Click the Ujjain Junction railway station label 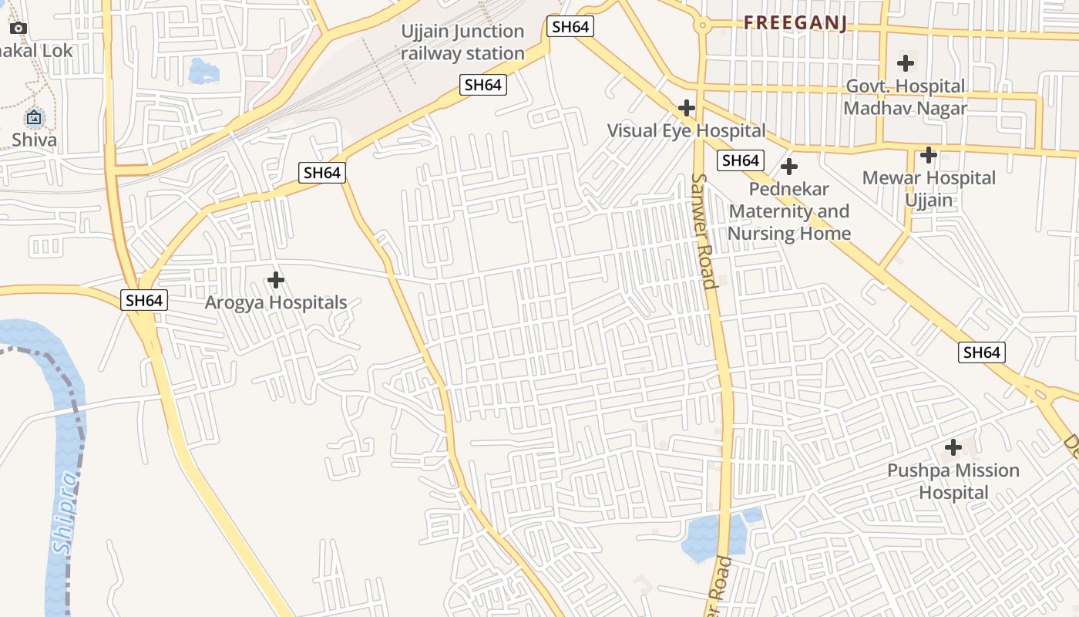tap(462, 42)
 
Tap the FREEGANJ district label tap(795, 23)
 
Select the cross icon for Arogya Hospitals tap(275, 279)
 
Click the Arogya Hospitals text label tap(275, 302)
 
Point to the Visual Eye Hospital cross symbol tap(686, 108)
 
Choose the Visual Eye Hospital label tap(686, 130)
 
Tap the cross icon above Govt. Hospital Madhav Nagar tap(906, 63)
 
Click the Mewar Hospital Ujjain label tap(929, 189)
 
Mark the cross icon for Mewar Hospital tap(929, 155)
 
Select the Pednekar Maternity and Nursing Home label tap(789, 211)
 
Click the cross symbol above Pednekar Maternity tap(788, 167)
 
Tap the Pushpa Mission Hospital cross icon tap(953, 447)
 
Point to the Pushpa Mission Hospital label tap(953, 481)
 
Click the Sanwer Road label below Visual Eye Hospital tap(704, 231)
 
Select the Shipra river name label tap(66, 513)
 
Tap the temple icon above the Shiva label tap(34, 118)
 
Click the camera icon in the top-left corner tap(18, 29)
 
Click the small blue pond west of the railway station tap(203, 71)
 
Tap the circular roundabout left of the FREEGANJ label tap(701, 25)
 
